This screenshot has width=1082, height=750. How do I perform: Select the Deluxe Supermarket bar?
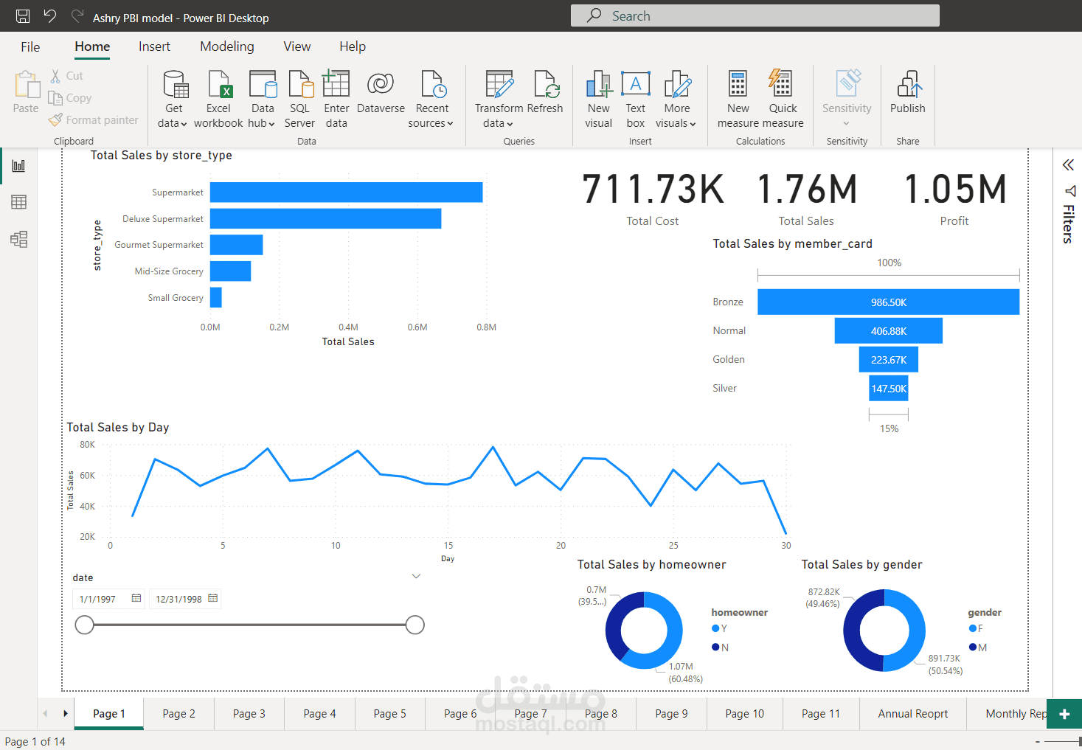pos(325,218)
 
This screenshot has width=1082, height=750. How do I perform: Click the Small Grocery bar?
pos(216,297)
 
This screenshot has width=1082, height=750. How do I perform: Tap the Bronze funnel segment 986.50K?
pos(888,302)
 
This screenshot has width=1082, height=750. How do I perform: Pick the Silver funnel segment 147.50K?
pos(888,389)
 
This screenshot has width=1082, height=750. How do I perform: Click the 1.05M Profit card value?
pos(954,190)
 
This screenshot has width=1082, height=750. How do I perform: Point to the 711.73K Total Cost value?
pos(653,190)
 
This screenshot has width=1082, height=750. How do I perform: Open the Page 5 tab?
pos(389,714)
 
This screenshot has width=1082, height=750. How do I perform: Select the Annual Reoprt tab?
pos(912,714)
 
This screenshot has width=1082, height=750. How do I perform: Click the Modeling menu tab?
pos(226,46)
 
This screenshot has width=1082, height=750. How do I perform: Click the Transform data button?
pos(499,100)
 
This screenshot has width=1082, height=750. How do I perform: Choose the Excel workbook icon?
pos(219,85)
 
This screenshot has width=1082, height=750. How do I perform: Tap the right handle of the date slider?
pos(415,625)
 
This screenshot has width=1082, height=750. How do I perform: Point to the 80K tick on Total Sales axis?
pos(87,445)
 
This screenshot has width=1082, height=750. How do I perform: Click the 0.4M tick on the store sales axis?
pos(348,327)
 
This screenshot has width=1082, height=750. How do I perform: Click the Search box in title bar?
pos(755,15)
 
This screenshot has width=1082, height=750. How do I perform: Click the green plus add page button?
pos(1064,714)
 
